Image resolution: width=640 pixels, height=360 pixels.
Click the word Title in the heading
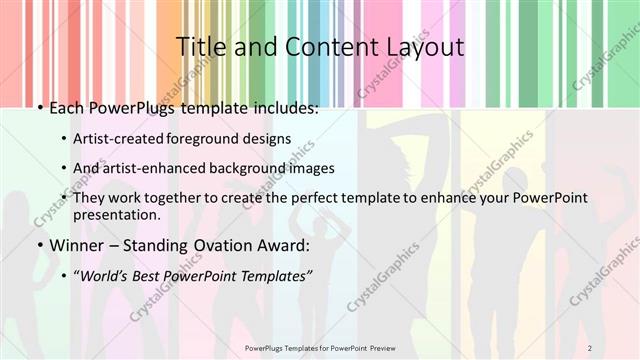point(200,47)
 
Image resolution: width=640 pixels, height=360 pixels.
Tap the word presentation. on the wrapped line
point(117,215)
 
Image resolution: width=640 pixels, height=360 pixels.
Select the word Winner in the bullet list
point(78,246)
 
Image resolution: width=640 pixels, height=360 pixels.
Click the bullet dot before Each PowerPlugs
point(38,108)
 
